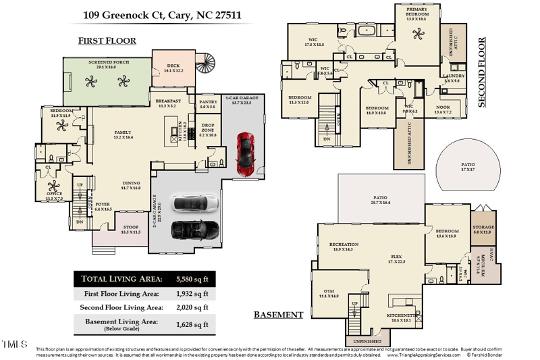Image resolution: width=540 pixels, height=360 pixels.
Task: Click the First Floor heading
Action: click(x=107, y=41)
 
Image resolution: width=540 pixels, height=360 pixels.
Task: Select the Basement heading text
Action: click(x=278, y=315)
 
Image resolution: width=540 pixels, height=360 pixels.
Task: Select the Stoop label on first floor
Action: click(x=128, y=230)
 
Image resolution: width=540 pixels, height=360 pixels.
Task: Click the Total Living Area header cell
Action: click(x=122, y=279)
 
